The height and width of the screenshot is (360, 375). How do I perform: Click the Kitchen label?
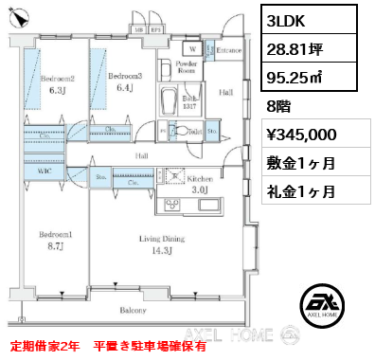click(198, 177)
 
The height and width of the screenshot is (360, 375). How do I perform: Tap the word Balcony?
click(133, 311)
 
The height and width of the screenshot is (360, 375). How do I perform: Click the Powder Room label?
click(186, 67)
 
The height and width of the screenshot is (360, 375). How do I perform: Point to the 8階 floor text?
click(278, 107)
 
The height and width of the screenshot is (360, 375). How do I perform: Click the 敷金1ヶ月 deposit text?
click(303, 163)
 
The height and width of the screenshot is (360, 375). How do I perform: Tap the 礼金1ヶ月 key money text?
click(303, 191)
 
